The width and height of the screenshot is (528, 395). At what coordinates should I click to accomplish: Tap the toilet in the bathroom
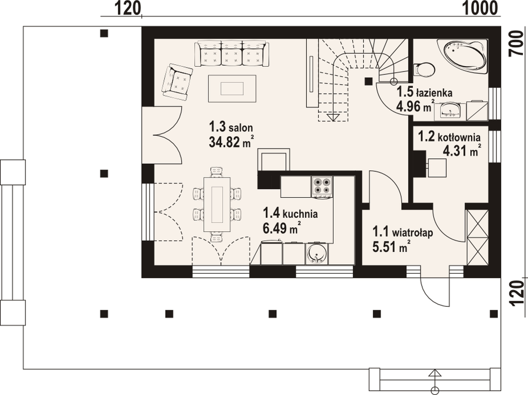(424, 70)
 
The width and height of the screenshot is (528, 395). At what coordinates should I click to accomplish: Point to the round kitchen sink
(317, 254)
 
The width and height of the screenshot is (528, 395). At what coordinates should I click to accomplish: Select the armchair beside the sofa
(177, 82)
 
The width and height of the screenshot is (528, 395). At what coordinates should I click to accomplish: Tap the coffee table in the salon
(232, 89)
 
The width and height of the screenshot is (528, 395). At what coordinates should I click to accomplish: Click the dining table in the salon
(217, 205)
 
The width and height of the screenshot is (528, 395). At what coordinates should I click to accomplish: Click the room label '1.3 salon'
(231, 127)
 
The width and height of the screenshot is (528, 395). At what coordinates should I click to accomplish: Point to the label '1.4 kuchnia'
(290, 213)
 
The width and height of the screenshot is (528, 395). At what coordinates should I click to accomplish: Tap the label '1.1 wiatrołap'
(403, 232)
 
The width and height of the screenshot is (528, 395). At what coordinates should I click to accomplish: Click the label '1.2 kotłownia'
(449, 137)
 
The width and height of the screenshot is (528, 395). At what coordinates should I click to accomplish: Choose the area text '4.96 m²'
(415, 106)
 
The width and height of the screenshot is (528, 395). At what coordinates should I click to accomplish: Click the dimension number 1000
(480, 9)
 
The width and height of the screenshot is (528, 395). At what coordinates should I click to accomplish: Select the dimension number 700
(516, 47)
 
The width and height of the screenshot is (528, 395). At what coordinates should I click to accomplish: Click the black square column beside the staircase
(368, 82)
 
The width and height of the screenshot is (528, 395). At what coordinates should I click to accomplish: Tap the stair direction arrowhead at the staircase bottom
(333, 118)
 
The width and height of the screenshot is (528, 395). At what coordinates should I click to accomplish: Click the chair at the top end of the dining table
(217, 172)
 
